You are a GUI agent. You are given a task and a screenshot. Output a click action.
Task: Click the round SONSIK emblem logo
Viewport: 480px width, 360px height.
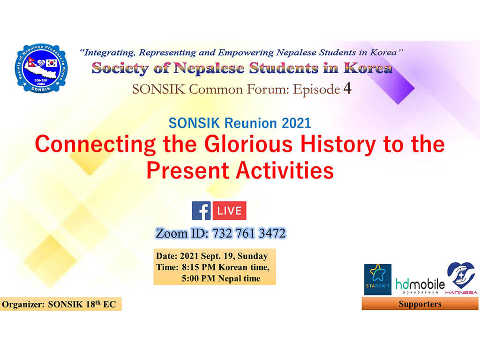(41, 68)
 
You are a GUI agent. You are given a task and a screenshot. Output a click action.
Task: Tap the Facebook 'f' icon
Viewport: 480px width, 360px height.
(201, 210)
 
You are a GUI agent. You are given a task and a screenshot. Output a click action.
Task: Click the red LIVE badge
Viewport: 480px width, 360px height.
(229, 210)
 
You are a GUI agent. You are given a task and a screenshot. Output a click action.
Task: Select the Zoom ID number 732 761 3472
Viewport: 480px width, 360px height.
(249, 233)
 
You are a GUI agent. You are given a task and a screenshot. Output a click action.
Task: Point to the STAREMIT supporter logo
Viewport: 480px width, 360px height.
(377, 279)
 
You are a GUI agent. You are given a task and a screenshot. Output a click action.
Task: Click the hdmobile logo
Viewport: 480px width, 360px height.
(420, 285)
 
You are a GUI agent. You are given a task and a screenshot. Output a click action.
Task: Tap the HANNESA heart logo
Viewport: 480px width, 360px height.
(461, 278)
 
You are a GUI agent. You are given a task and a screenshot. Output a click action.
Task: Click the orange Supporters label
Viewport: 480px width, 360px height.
(420, 304)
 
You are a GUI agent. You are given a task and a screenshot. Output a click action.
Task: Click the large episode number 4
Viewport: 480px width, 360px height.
(347, 89)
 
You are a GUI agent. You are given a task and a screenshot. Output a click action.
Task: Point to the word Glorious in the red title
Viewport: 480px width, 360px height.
(248, 144)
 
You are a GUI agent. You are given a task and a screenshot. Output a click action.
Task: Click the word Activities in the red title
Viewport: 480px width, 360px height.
(285, 170)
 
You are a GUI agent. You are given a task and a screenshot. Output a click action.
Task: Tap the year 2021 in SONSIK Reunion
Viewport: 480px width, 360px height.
(296, 123)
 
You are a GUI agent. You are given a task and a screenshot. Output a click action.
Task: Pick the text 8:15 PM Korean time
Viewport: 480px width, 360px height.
(225, 267)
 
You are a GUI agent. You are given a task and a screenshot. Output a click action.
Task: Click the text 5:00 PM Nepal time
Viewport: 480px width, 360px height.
(221, 278)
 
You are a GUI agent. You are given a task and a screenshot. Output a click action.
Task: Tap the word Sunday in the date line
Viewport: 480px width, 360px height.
(253, 256)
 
